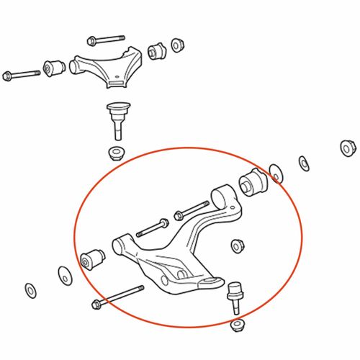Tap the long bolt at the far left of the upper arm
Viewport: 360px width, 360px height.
(x=22, y=74)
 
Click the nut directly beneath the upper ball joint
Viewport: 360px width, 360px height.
(x=114, y=153)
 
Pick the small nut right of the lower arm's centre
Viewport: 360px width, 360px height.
(x=237, y=246)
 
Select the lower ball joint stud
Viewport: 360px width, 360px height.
(x=234, y=295)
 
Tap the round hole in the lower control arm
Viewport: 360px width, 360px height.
(x=167, y=277)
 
